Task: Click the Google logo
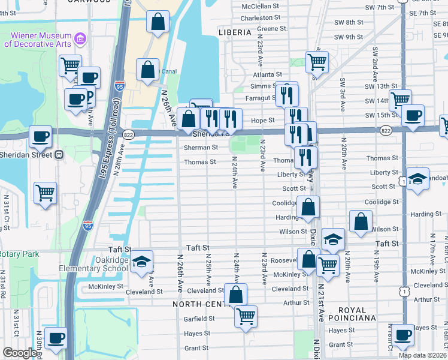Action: (x=20, y=353)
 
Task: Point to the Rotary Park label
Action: (x=19, y=254)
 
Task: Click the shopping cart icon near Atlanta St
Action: (x=317, y=61)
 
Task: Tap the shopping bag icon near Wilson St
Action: (x=361, y=222)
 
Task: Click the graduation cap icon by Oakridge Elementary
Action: (x=141, y=262)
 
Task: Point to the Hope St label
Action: (x=262, y=120)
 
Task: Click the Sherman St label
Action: (x=201, y=147)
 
